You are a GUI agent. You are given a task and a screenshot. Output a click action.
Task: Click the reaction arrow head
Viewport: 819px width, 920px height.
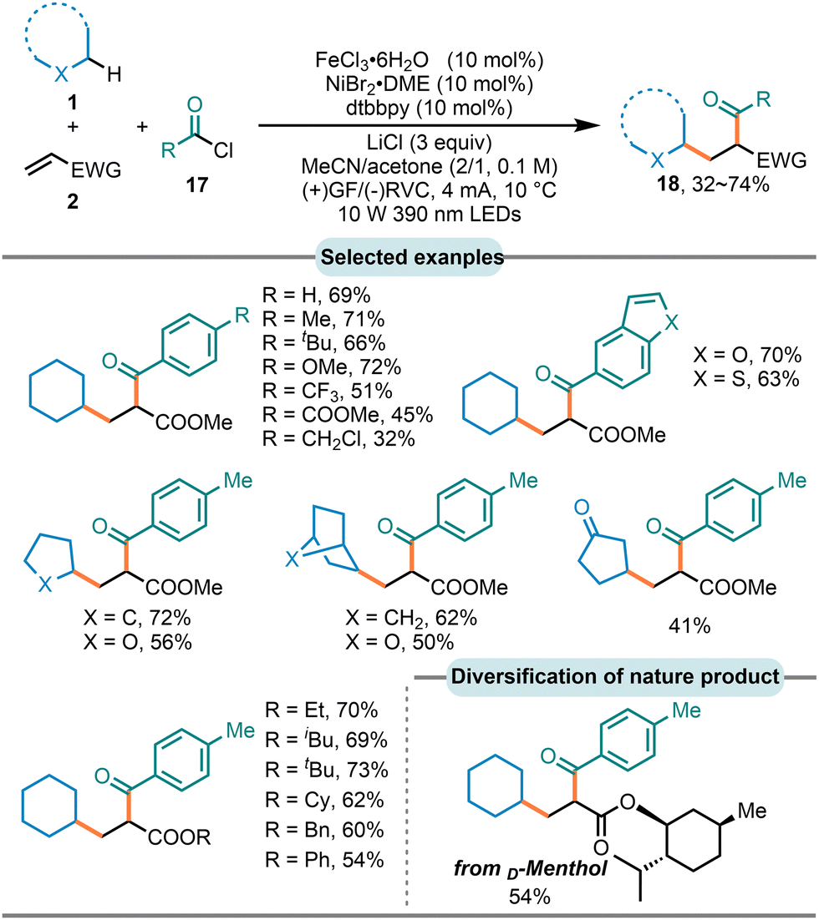point(588,125)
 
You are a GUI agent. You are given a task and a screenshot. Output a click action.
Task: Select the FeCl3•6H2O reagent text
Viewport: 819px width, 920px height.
point(372,60)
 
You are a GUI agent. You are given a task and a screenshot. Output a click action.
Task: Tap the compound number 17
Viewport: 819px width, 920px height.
point(197,185)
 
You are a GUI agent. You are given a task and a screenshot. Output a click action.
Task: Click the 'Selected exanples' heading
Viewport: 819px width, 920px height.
point(412,257)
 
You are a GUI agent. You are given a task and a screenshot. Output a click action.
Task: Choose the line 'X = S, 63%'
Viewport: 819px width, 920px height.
point(746,379)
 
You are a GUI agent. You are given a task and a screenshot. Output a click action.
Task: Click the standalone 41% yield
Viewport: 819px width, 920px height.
point(689,626)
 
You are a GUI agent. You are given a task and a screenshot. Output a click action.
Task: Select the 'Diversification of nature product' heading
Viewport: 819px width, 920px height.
point(614,676)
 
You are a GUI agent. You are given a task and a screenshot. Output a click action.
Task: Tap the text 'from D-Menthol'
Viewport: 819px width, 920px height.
point(530,867)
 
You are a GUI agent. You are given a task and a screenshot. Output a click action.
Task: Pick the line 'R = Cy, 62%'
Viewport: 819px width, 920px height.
point(324,800)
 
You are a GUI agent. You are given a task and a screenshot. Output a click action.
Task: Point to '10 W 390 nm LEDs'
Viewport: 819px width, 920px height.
point(430,215)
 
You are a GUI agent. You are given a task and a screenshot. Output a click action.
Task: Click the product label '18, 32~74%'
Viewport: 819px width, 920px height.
point(713,185)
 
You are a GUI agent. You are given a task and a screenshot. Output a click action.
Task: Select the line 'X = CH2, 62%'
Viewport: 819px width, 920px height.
point(411,618)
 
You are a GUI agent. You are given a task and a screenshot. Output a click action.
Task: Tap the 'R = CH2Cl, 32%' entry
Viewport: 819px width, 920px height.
point(338,439)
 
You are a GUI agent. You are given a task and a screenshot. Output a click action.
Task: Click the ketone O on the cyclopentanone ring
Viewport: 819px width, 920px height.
point(582,507)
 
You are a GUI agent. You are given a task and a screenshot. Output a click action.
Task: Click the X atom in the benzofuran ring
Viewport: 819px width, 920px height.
point(672,321)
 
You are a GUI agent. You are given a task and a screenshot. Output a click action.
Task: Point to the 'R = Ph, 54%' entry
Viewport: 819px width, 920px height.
point(324,860)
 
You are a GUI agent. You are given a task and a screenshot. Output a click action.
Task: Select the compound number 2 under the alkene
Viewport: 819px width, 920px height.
point(72,202)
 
